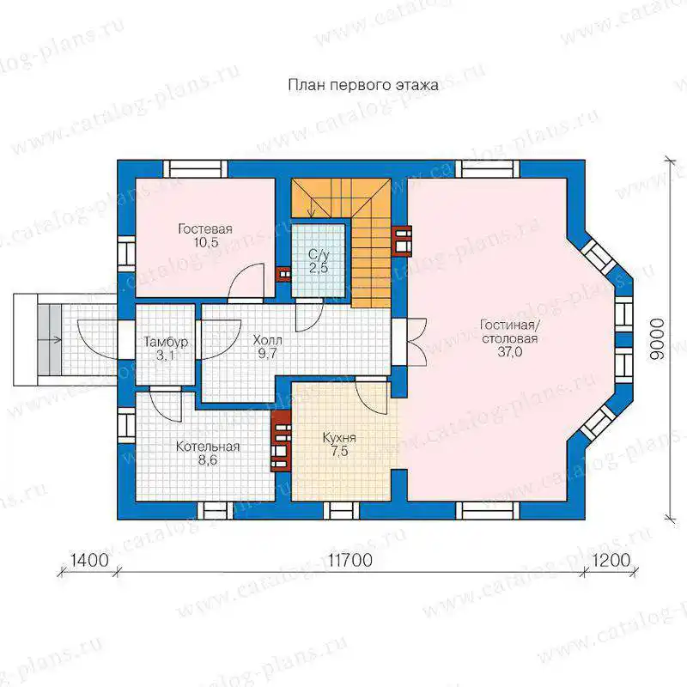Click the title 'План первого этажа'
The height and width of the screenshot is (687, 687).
(x=363, y=85)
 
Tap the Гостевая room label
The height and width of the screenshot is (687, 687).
(x=205, y=228)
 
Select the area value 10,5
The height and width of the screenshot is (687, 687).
(x=206, y=242)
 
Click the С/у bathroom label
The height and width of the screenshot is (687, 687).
(x=319, y=254)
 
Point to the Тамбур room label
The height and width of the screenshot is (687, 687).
(x=166, y=342)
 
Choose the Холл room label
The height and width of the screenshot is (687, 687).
(x=267, y=340)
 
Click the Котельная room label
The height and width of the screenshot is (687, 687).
(x=208, y=447)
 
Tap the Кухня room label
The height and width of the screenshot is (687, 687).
(x=339, y=437)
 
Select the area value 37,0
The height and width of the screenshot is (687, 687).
(x=509, y=352)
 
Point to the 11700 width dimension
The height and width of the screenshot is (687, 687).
(x=350, y=560)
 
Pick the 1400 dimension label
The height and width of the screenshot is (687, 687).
(x=89, y=560)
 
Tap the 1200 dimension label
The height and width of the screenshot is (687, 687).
(x=611, y=560)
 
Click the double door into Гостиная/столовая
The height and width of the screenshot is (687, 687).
(x=416, y=341)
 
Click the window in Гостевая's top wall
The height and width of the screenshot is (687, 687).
(x=196, y=168)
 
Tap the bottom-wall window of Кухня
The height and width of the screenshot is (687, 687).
(x=341, y=511)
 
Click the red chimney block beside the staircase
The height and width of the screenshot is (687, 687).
(x=401, y=240)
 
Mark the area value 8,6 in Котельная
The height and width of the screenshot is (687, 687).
(x=207, y=460)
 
